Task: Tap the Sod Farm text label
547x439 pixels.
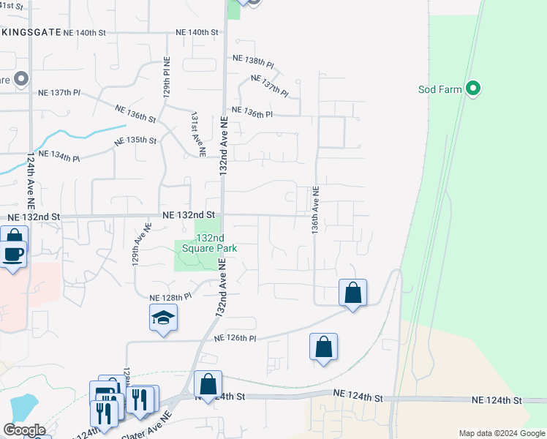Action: [440, 89]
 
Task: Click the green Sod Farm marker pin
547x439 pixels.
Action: [473, 89]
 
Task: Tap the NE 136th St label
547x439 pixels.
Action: [135, 113]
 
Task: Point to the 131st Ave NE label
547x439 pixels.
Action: [195, 134]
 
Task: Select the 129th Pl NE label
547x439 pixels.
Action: [167, 78]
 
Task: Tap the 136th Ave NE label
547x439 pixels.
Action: [316, 209]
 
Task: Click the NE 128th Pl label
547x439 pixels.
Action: [170, 298]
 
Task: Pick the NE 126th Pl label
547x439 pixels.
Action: [235, 338]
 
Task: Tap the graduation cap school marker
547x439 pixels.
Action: [163, 318]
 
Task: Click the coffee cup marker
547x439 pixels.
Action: [12, 255]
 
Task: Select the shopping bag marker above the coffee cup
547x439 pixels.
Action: [14, 236]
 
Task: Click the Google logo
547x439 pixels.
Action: [23, 430]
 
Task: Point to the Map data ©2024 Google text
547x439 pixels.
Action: [501, 433]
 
